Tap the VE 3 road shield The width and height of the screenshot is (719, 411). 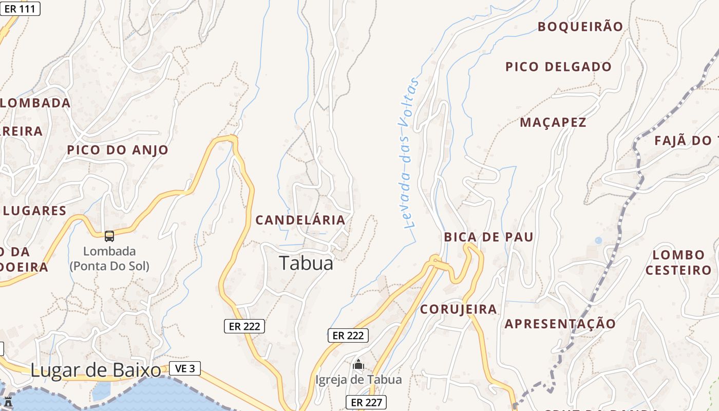pyautogui.click(x=184, y=368)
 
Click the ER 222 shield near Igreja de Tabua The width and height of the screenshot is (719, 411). pyautogui.click(x=348, y=335)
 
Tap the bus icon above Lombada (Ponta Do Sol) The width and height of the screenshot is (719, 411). pyautogui.click(x=109, y=236)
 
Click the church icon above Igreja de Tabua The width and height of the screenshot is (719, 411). pyautogui.click(x=358, y=365)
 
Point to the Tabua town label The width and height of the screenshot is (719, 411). pyautogui.click(x=306, y=263)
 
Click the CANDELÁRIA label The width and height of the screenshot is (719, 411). pyautogui.click(x=300, y=220)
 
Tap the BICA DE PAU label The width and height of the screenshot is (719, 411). pyautogui.click(x=488, y=237)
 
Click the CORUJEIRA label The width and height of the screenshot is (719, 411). pyautogui.click(x=459, y=309)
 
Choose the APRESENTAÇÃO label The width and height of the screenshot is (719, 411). pyautogui.click(x=560, y=324)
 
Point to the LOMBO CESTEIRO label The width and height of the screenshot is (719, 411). pyautogui.click(x=678, y=263)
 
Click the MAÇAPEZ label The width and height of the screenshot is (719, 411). pyautogui.click(x=553, y=122)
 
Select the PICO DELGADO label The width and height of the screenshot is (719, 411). pyautogui.click(x=558, y=67)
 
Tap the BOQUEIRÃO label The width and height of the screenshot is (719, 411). pyautogui.click(x=580, y=27)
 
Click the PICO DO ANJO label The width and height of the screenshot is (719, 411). pyautogui.click(x=118, y=150)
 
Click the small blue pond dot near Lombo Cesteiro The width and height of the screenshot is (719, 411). pyautogui.click(x=598, y=240)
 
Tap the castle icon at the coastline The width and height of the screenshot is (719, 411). pyautogui.click(x=8, y=402)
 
